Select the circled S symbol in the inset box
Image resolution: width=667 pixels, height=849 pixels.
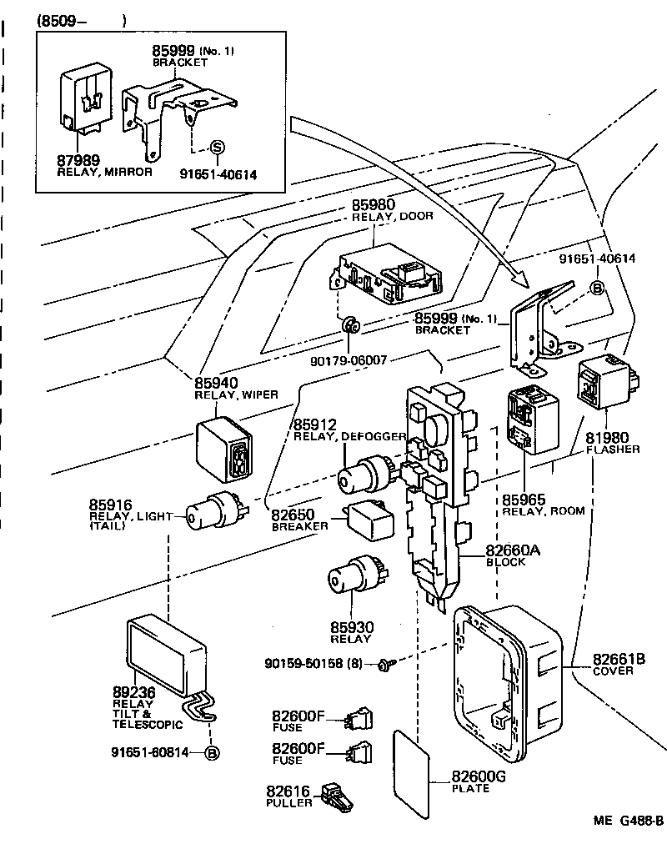(216, 148)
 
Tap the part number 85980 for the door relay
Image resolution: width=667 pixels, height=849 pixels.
(373, 204)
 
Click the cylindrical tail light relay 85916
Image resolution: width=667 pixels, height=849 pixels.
(213, 510)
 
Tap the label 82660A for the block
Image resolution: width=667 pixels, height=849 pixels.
(513, 550)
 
